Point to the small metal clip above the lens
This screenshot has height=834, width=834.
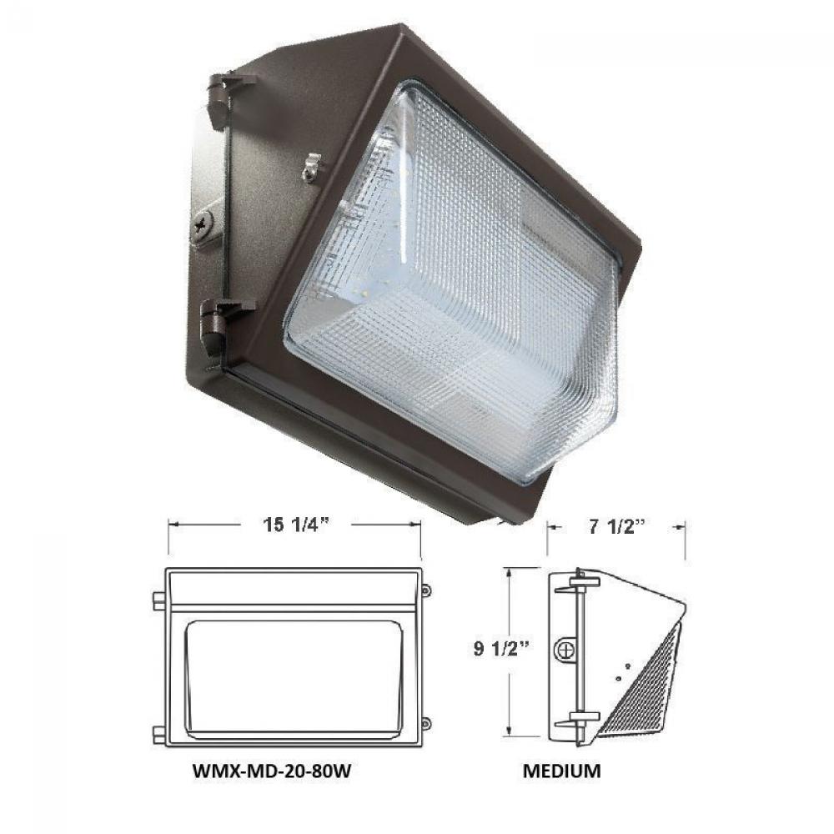313,166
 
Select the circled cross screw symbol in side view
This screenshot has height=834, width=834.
567,649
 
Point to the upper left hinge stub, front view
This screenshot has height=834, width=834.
158,599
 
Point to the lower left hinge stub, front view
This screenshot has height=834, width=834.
158,734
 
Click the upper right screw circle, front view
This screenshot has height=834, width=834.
426,590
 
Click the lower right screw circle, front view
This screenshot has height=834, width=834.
426,723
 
